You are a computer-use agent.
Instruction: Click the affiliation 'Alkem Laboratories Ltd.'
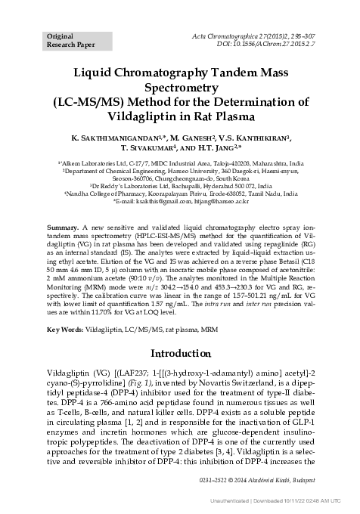click(101, 163)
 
